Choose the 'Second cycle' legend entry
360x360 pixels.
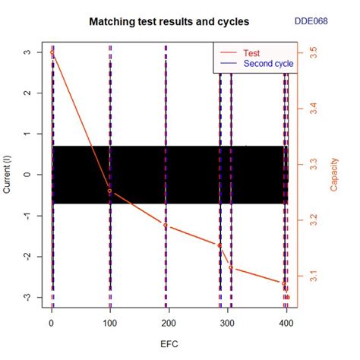click(268, 64)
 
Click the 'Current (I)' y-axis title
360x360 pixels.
click(8, 174)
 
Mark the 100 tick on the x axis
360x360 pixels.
click(110, 322)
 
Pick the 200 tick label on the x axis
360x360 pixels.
click(169, 322)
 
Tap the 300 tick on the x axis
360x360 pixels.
click(227, 322)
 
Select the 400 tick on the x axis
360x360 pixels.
click(286, 322)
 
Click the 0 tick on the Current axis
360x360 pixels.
click(27, 174)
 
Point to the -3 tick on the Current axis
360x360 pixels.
click(27, 297)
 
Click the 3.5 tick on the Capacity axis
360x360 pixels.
click(313, 54)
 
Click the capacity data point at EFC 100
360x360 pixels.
click(110, 191)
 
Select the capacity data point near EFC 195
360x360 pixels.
click(166, 226)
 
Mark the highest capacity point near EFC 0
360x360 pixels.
click(52, 54)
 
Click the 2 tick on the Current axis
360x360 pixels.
click(27, 93)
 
